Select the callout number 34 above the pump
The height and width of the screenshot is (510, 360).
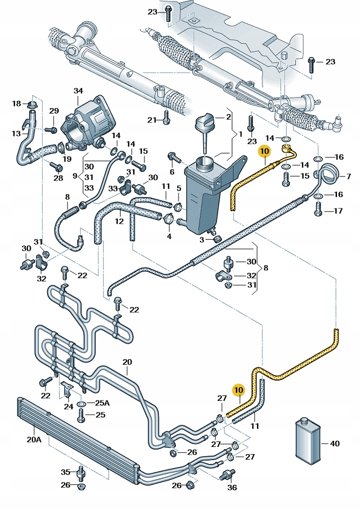(x=78, y=91)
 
